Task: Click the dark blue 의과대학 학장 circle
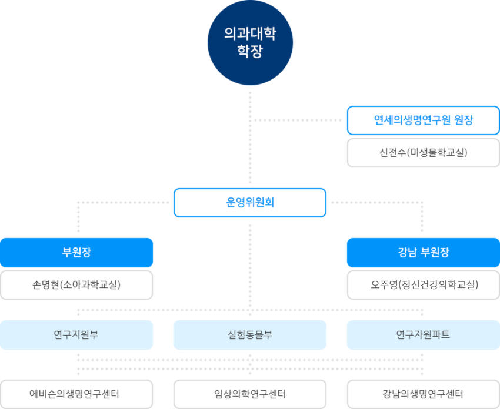click(x=250, y=42)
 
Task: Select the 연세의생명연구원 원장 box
click(x=423, y=120)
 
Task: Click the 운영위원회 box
click(x=249, y=203)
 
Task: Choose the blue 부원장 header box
click(x=77, y=253)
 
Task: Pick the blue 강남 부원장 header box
click(x=423, y=253)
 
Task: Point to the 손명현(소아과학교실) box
click(x=77, y=285)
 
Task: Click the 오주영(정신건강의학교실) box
click(x=423, y=285)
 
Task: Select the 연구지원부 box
click(x=77, y=335)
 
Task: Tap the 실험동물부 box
click(x=249, y=335)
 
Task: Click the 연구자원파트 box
click(x=423, y=335)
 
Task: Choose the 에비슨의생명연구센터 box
click(x=77, y=394)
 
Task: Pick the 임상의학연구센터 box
click(x=249, y=394)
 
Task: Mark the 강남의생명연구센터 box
click(x=423, y=394)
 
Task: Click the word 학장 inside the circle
click(x=250, y=52)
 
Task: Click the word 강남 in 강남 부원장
click(x=408, y=253)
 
